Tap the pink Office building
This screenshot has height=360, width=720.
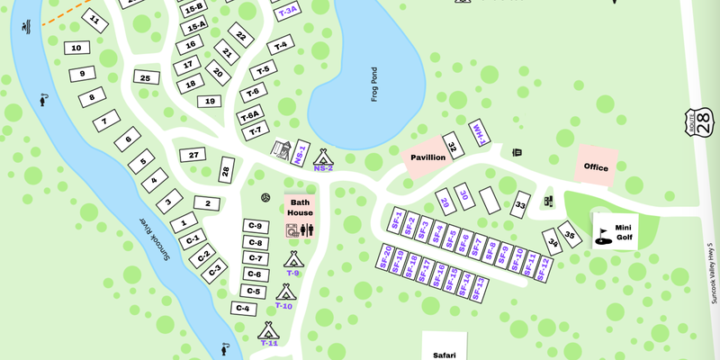click(x=596, y=166)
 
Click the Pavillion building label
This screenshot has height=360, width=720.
click(x=427, y=157)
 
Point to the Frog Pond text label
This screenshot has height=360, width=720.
click(x=374, y=84)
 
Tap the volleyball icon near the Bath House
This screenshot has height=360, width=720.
click(x=266, y=197)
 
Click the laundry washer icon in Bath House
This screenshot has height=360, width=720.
click(x=292, y=230)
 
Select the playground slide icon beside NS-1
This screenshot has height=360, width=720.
click(x=281, y=148)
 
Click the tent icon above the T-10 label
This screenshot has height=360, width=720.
click(x=285, y=292)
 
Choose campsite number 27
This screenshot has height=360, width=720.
click(x=193, y=156)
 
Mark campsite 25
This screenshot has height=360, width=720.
click(x=145, y=78)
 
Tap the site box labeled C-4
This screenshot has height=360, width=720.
click(x=242, y=309)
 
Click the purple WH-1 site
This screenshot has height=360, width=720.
click(x=480, y=132)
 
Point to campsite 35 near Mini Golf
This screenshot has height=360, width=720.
click(x=570, y=232)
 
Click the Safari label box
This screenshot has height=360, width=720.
click(x=445, y=351)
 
